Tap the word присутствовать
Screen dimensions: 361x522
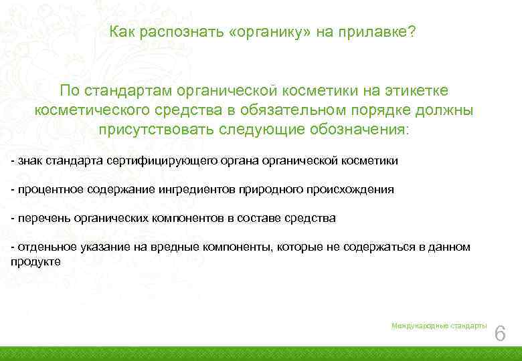pyautogui.click(x=157, y=129)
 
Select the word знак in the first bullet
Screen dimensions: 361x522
pyautogui.click(x=29, y=160)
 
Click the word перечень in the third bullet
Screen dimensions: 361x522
pyautogui.click(x=40, y=218)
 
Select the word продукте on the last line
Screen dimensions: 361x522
pyautogui.click(x=35, y=261)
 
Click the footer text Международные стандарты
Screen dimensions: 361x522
pyautogui.click(x=439, y=326)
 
